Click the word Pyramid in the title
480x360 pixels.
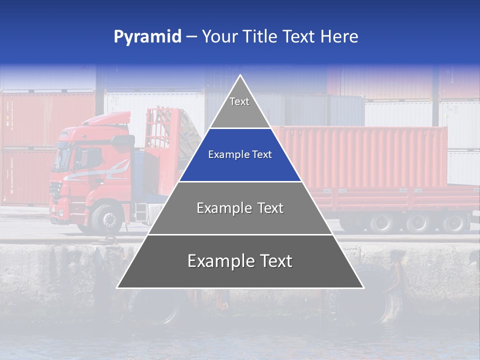point(147,37)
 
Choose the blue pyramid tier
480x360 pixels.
point(240,155)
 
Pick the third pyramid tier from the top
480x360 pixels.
point(240,208)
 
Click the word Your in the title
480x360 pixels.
point(218,36)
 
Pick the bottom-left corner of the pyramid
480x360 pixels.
point(117,287)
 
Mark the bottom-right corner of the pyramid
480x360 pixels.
point(363,287)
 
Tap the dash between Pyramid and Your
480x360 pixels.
point(191,37)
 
